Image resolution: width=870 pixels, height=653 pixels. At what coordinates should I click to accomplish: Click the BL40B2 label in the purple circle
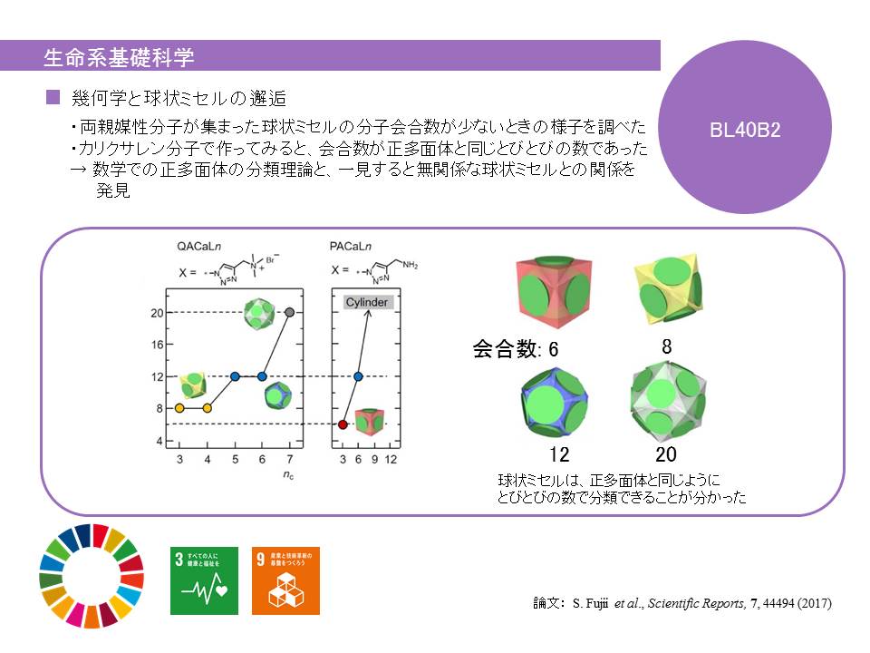746,129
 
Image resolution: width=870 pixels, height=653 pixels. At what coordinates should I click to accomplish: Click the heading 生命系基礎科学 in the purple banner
119,57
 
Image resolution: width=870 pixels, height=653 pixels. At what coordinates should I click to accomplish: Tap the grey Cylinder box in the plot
367,302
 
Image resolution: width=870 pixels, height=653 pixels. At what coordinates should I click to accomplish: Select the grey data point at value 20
290,313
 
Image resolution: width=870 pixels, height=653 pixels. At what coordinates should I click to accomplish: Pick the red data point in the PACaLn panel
343,424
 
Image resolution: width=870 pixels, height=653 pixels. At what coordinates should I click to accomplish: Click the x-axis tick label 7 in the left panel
289,461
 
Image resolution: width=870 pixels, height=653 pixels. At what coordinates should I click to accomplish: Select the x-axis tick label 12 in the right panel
391,461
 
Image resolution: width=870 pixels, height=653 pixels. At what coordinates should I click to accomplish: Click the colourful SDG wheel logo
92,574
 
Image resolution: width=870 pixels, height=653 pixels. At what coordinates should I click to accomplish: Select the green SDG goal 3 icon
205,580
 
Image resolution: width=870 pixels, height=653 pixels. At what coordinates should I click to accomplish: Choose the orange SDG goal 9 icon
285,580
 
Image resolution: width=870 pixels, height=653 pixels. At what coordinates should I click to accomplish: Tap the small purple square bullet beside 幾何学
52,95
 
